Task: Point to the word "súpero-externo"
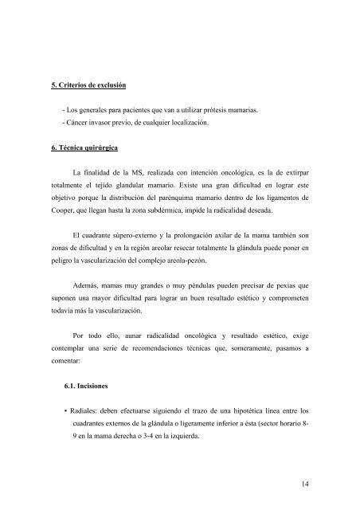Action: (158, 236)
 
